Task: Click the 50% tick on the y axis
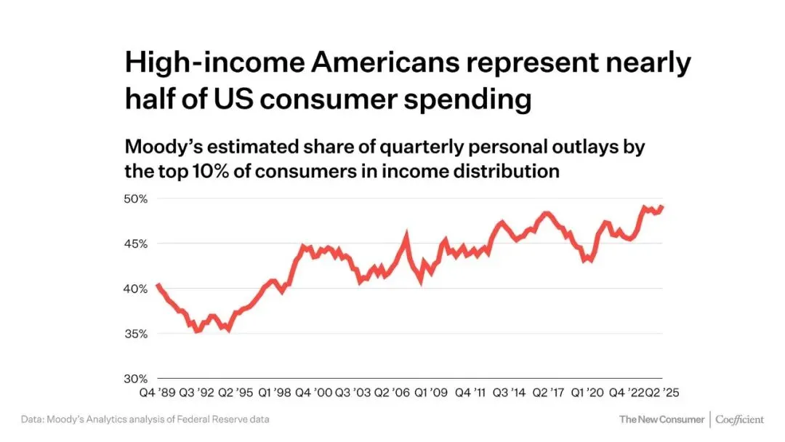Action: [x=137, y=198]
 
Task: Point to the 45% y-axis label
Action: [x=137, y=244]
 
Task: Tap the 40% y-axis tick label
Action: [x=137, y=289]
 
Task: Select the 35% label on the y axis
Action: [x=137, y=334]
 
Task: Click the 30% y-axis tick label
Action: [x=137, y=379]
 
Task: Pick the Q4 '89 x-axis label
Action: [x=156, y=393]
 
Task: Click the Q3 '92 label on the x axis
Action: [x=197, y=393]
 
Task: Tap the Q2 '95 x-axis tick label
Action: [x=236, y=393]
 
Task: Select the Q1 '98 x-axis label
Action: [x=275, y=393]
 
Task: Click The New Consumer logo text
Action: [x=661, y=419]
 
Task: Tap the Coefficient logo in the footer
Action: [x=740, y=419]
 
